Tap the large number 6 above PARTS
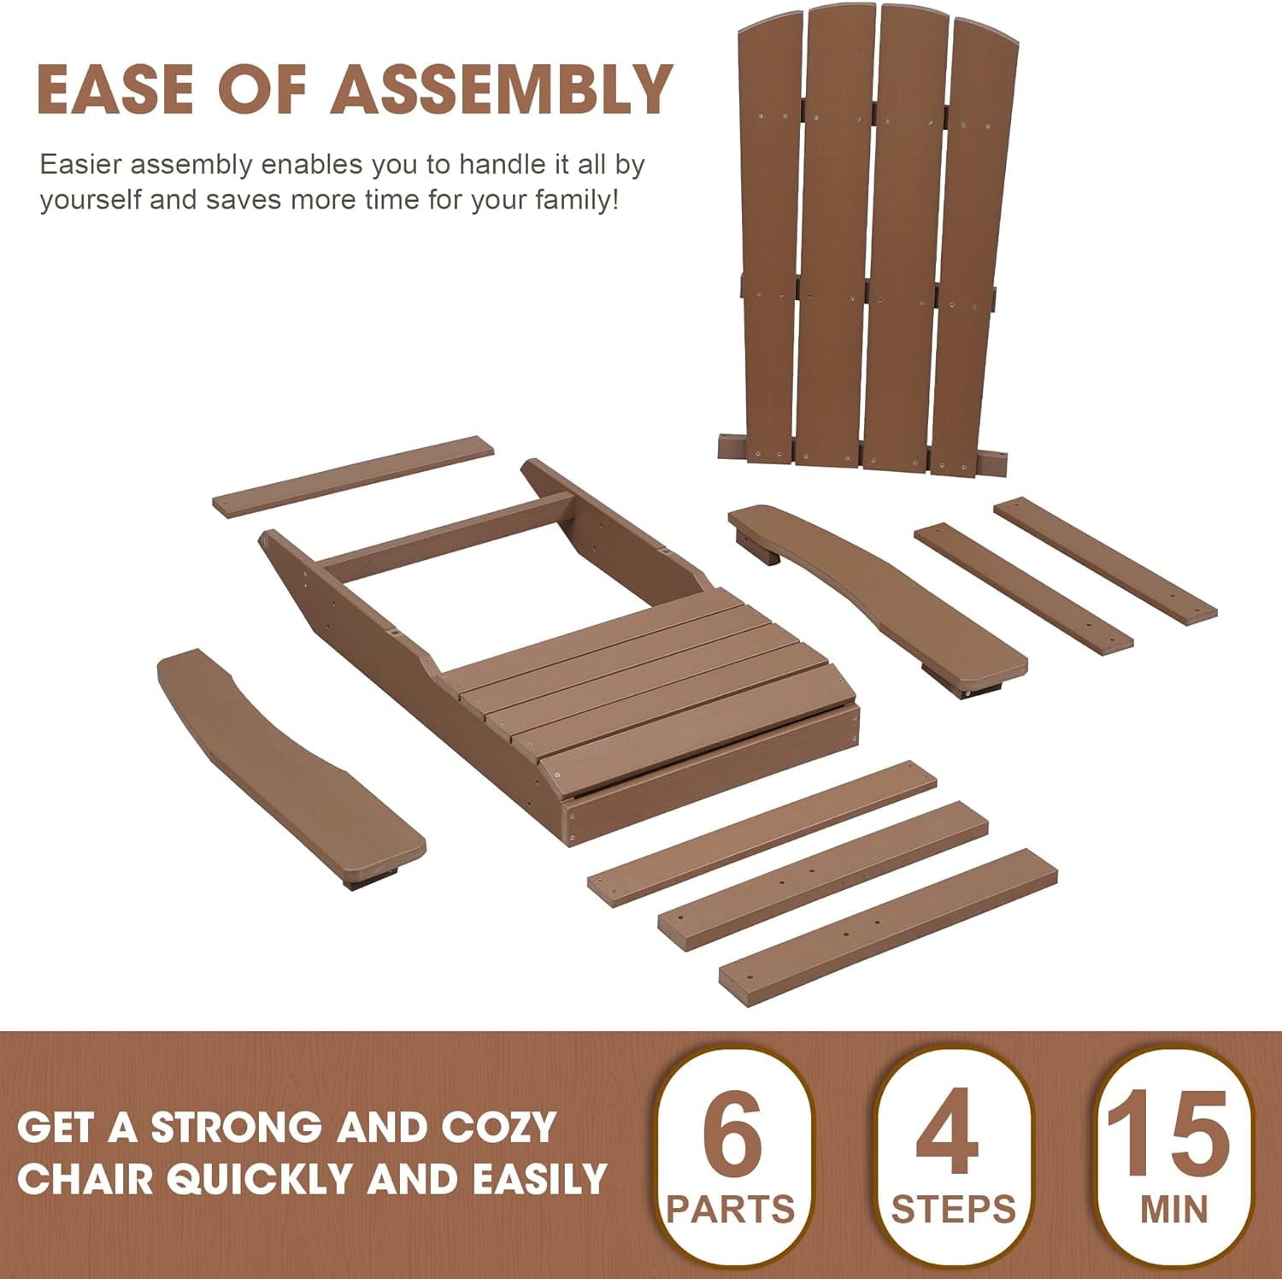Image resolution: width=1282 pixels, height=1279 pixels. click(x=732, y=1134)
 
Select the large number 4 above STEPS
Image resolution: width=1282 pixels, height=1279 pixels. click(x=946, y=1134)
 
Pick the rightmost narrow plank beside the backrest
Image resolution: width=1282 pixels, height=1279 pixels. click(x=1105, y=560)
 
